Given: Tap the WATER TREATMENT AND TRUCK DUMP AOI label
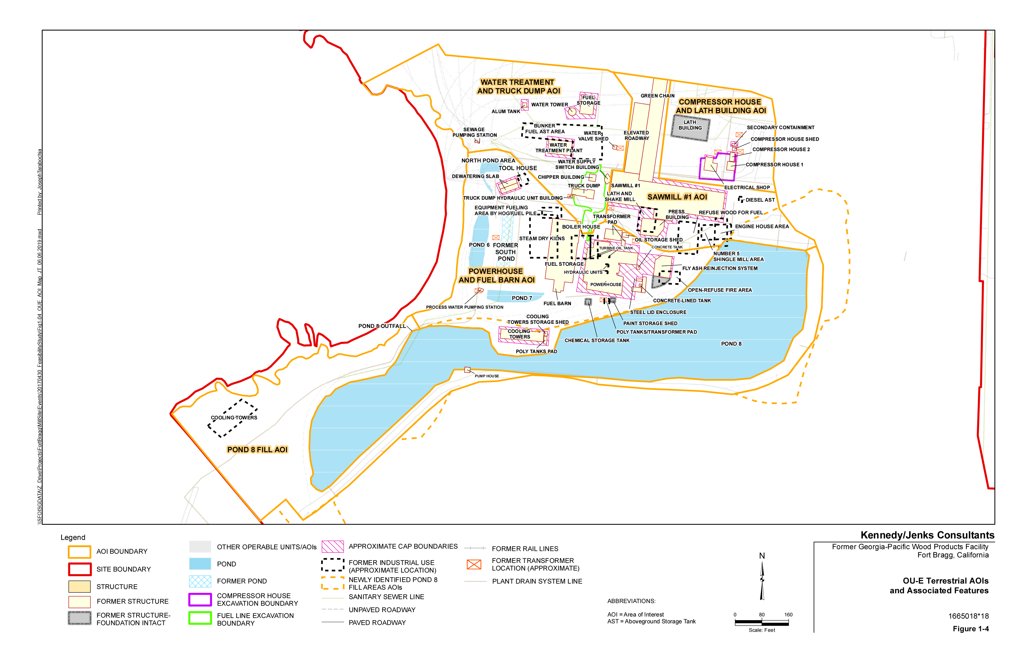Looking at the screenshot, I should [x=518, y=87].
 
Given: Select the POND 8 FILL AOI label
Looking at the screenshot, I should [x=257, y=449].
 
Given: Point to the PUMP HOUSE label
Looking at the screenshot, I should [x=486, y=376].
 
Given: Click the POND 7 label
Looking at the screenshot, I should [x=522, y=298].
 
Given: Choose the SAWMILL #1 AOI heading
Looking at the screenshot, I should [x=677, y=197].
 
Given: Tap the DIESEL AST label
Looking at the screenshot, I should [x=760, y=200].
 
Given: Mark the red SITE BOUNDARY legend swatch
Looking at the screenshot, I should [x=80, y=569].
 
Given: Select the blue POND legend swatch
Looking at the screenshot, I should [x=200, y=564].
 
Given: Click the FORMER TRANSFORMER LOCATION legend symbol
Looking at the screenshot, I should [x=474, y=565].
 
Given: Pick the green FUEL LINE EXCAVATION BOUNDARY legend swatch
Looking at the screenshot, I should [x=200, y=618].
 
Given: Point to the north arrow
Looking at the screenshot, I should [x=762, y=579].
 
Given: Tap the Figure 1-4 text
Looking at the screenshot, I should [x=970, y=629].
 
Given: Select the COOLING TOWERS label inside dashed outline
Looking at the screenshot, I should [x=234, y=418].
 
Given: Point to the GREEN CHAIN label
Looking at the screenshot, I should [x=657, y=96].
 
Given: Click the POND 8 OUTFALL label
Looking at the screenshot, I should [x=382, y=326].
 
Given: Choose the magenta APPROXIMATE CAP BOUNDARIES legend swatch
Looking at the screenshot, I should [x=333, y=546].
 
